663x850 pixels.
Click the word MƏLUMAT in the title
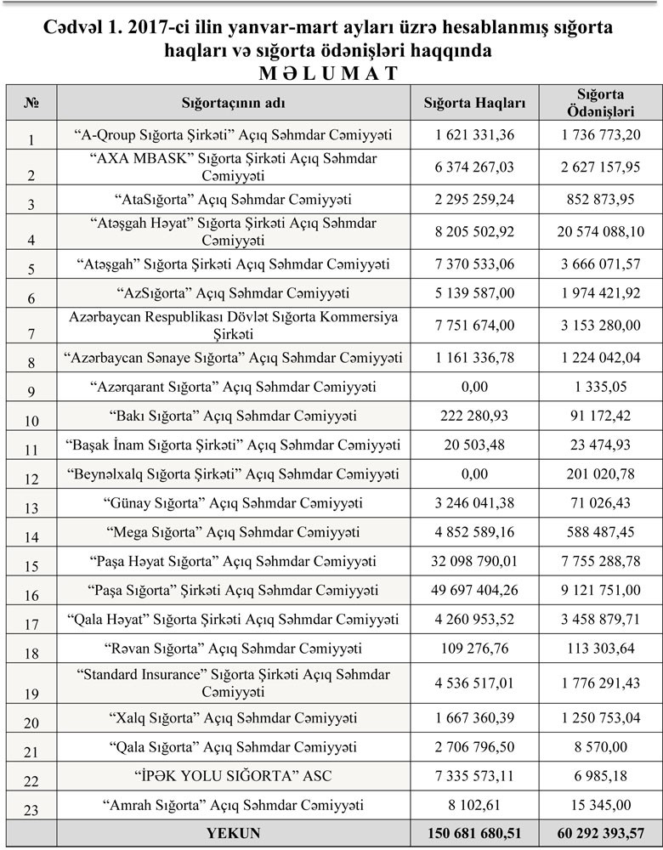[331, 71]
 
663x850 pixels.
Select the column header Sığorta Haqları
[475, 103]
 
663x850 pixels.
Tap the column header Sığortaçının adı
[234, 103]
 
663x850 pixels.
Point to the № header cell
[32, 103]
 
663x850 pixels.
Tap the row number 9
[32, 394]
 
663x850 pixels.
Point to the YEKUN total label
[234, 834]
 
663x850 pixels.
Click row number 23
[32, 811]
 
